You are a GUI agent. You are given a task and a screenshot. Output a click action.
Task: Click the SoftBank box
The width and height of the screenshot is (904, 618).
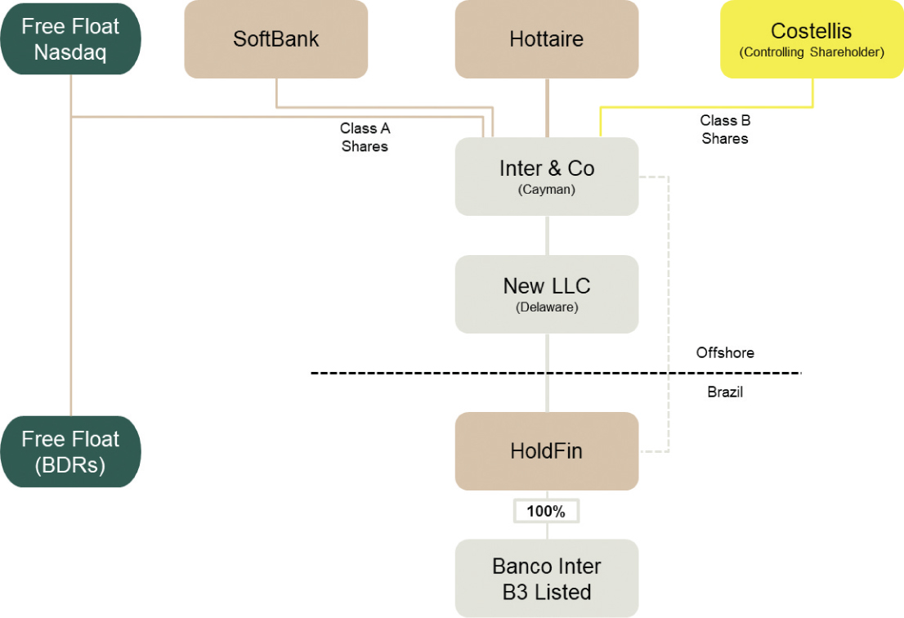276,39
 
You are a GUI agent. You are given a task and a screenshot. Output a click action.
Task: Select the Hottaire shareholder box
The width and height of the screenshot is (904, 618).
546,39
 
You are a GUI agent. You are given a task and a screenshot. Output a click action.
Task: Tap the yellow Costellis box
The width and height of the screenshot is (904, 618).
812,39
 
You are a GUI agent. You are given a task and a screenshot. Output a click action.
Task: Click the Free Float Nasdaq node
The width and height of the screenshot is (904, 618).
70,39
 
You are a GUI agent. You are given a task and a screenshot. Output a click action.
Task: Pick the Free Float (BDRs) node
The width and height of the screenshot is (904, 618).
70,451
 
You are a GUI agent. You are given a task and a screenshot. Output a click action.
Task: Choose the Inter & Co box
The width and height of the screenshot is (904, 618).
546,176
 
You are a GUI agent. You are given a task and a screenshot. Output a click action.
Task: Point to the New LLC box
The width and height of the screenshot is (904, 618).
546,293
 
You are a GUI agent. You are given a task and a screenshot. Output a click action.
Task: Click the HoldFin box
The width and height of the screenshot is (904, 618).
546,451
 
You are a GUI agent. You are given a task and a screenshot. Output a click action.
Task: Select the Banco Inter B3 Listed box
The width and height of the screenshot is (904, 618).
546,578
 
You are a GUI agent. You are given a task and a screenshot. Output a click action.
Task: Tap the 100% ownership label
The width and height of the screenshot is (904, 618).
546,512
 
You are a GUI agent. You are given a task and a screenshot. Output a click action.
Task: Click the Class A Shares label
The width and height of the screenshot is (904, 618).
365,137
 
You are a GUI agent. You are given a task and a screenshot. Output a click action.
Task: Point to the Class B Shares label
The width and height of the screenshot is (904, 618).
724,129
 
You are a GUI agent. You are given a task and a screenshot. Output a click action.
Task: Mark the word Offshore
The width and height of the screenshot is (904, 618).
725,353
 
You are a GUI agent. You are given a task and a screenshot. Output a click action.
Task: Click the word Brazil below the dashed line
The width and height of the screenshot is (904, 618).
725,392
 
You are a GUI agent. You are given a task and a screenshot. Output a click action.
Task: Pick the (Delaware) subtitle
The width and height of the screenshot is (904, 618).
546,308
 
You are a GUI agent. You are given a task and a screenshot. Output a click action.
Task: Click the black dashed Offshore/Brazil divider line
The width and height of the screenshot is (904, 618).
409,374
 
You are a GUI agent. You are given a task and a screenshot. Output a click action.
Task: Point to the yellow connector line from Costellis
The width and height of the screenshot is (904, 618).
703,107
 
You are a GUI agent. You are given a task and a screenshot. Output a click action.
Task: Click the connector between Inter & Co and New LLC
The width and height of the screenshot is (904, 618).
547,235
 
